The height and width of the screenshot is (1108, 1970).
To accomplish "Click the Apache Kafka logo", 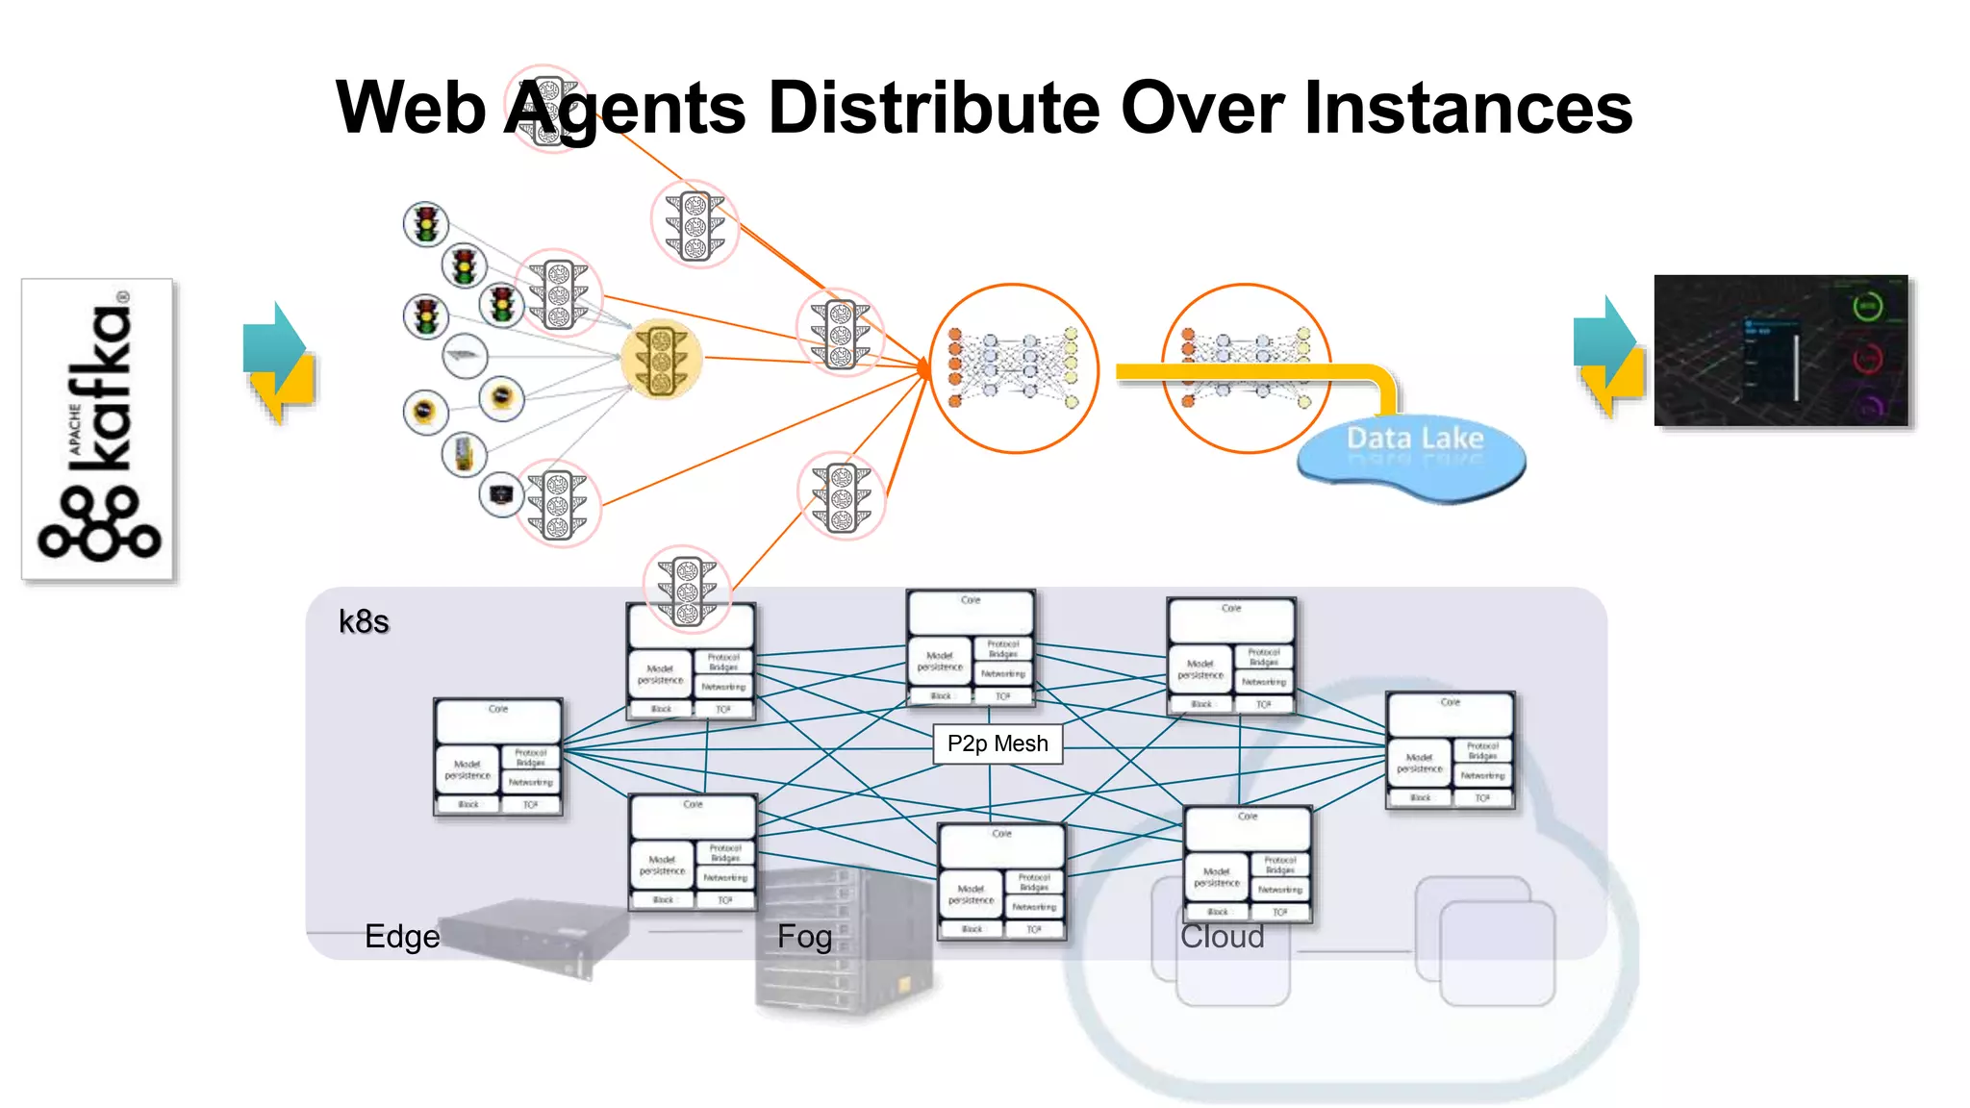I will pyautogui.click(x=97, y=429).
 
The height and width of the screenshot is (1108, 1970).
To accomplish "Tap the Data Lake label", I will pyautogui.click(x=1414, y=440).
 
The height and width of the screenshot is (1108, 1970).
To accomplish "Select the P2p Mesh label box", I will pyautogui.click(x=998, y=743).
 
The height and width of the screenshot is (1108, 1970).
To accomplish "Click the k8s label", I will pyautogui.click(x=364, y=622).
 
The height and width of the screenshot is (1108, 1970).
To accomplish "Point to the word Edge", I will pyautogui.click(x=402, y=936).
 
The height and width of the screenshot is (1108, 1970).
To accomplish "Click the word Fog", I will pyautogui.click(x=804, y=936).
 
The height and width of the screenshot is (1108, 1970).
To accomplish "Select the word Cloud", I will pyautogui.click(x=1222, y=936).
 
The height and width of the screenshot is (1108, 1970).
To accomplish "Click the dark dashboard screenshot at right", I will pyautogui.click(x=1781, y=351).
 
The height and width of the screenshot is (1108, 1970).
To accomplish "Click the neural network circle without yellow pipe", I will pyautogui.click(x=1014, y=368).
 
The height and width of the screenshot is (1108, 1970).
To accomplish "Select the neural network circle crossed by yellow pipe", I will pyautogui.click(x=1247, y=368).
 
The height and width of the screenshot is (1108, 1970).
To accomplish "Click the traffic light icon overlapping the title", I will pyautogui.click(x=547, y=109).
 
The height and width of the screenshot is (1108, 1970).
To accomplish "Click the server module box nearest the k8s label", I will pyautogui.click(x=498, y=757).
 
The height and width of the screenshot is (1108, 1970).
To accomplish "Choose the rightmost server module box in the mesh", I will pyautogui.click(x=1450, y=750).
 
